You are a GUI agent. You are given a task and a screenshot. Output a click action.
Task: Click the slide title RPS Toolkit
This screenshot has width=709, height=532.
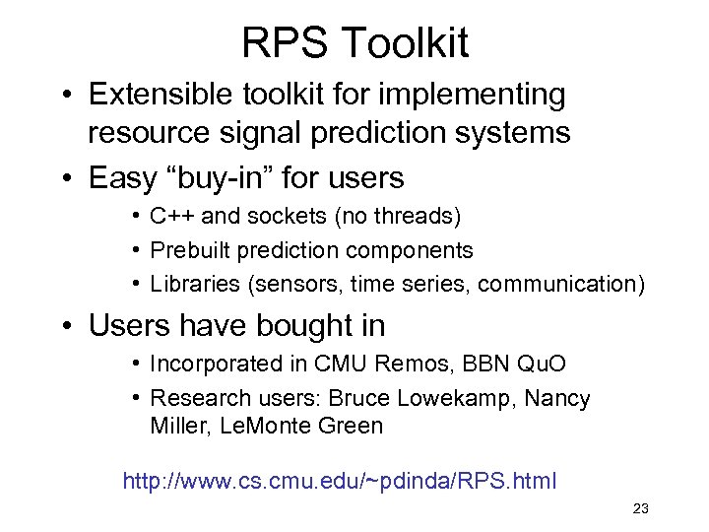pyautogui.click(x=354, y=42)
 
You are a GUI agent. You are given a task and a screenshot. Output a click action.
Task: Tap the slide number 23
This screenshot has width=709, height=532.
pyautogui.click(x=640, y=508)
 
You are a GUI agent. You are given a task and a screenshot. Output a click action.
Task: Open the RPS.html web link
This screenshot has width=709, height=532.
pyautogui.click(x=339, y=481)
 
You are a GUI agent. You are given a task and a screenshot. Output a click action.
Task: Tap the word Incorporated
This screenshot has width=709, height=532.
pyautogui.click(x=215, y=364)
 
